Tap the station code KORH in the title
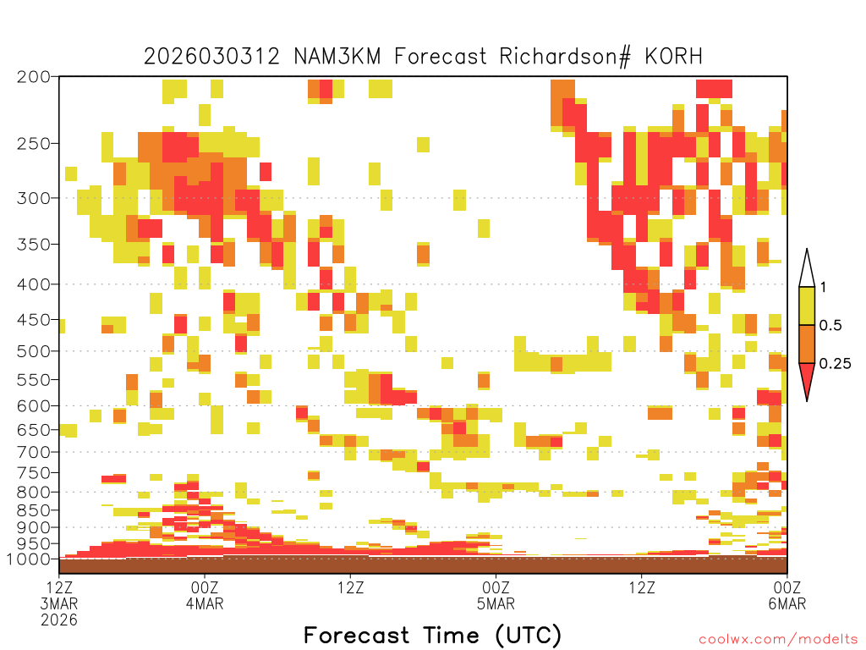pos(674,57)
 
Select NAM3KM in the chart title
pos(337,57)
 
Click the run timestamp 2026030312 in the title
pos(212,57)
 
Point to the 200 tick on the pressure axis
pos(34,77)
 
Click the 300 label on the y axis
pos(34,198)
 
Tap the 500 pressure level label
pos(34,351)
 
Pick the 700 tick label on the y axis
pos(34,452)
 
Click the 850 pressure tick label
pos(34,510)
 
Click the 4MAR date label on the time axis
pos(205,603)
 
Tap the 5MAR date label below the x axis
pos(496,603)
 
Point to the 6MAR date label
pos(787,603)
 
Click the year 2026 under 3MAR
pos(59,620)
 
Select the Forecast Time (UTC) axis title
pos(432,636)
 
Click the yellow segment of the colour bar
pos(807,306)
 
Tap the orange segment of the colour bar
pos(807,344)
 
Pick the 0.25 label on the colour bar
pos(835,364)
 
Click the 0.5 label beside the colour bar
pos(830,325)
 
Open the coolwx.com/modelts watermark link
pos(779,640)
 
